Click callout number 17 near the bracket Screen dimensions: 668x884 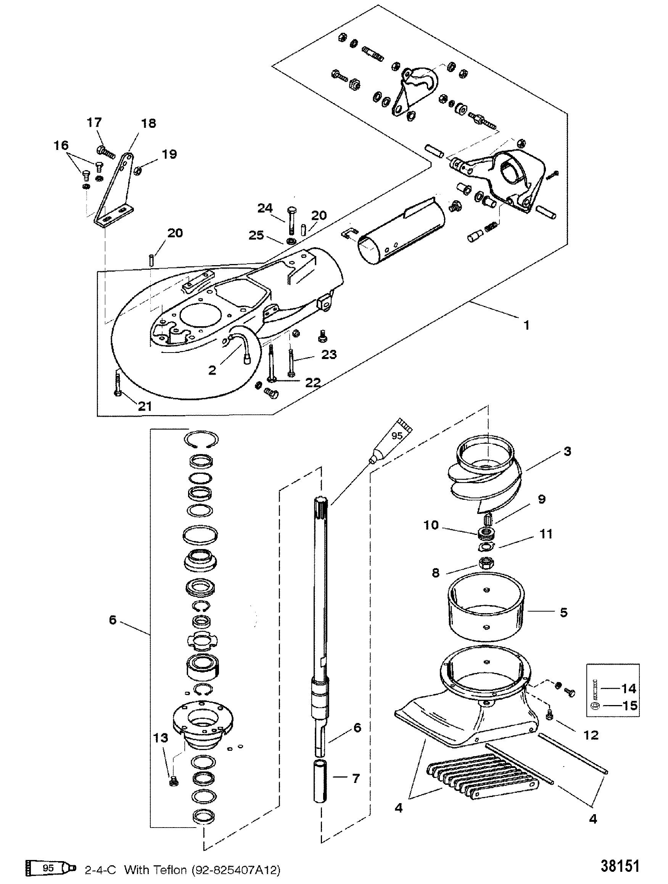(94, 123)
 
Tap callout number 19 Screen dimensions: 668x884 (169, 154)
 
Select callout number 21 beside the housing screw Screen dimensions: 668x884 (145, 406)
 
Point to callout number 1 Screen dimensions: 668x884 (526, 325)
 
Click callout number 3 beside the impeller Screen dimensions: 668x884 (567, 452)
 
